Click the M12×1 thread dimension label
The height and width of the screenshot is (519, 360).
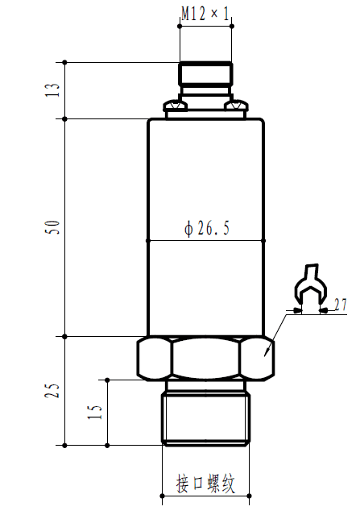tap(205, 14)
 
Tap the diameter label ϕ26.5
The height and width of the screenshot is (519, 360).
tap(207, 230)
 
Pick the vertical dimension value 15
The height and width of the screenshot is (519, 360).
tap(95, 412)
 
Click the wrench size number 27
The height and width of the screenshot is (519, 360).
tap(339, 305)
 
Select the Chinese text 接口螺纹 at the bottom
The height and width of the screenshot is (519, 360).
tap(205, 484)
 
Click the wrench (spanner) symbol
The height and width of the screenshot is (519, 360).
tap(308, 289)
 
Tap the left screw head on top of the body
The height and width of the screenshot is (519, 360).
tap(172, 106)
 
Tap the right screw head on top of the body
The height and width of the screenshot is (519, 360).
tap(237, 106)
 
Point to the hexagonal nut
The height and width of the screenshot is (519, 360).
tap(205, 359)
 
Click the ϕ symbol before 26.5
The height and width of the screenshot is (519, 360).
tap(188, 230)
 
